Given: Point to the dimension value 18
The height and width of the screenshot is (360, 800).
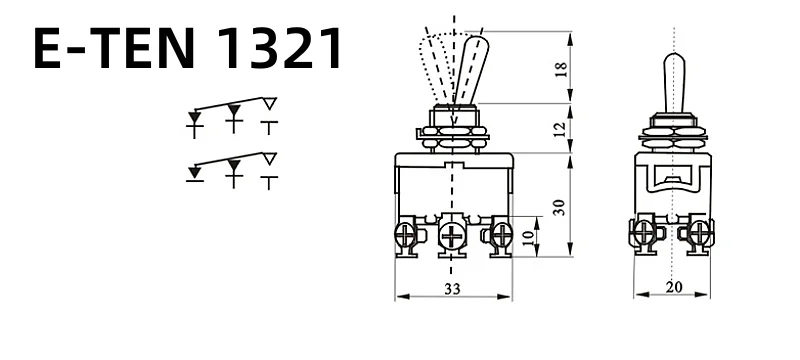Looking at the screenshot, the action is pyautogui.click(x=560, y=69).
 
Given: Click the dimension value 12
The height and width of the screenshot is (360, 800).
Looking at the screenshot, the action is pyautogui.click(x=560, y=129).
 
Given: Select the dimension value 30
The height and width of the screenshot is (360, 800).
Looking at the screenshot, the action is pyautogui.click(x=560, y=207).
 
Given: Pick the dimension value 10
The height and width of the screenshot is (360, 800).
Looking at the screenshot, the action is pyautogui.click(x=529, y=237).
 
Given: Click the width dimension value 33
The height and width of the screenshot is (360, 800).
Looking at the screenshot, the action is pyautogui.click(x=452, y=289).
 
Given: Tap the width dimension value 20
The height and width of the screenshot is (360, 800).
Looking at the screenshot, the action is pyautogui.click(x=674, y=288).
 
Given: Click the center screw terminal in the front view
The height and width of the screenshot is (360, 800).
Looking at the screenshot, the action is pyautogui.click(x=452, y=236).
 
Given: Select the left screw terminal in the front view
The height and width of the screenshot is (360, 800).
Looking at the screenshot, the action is pyautogui.click(x=407, y=236).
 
